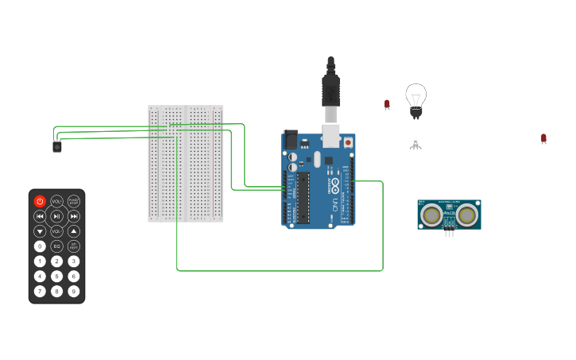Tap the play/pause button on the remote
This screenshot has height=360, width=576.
coord(56,216)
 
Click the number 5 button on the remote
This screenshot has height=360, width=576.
coord(56,277)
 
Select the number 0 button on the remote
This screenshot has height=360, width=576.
coord(40,246)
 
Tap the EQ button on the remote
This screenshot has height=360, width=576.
coord(56,246)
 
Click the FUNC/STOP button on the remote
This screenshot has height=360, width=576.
coord(74,201)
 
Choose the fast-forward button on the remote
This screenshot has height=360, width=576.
coord(74,216)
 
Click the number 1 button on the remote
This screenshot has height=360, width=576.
coord(40,261)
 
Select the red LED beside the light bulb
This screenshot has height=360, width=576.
coord(387,104)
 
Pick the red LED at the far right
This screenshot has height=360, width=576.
coord(543,138)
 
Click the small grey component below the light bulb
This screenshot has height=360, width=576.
coord(415,144)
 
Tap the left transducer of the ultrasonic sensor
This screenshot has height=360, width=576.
coord(431,215)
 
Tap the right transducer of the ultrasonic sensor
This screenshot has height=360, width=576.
coord(467,215)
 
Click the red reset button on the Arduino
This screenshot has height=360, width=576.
coord(348,142)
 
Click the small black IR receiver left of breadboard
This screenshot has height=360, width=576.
coord(57,147)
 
